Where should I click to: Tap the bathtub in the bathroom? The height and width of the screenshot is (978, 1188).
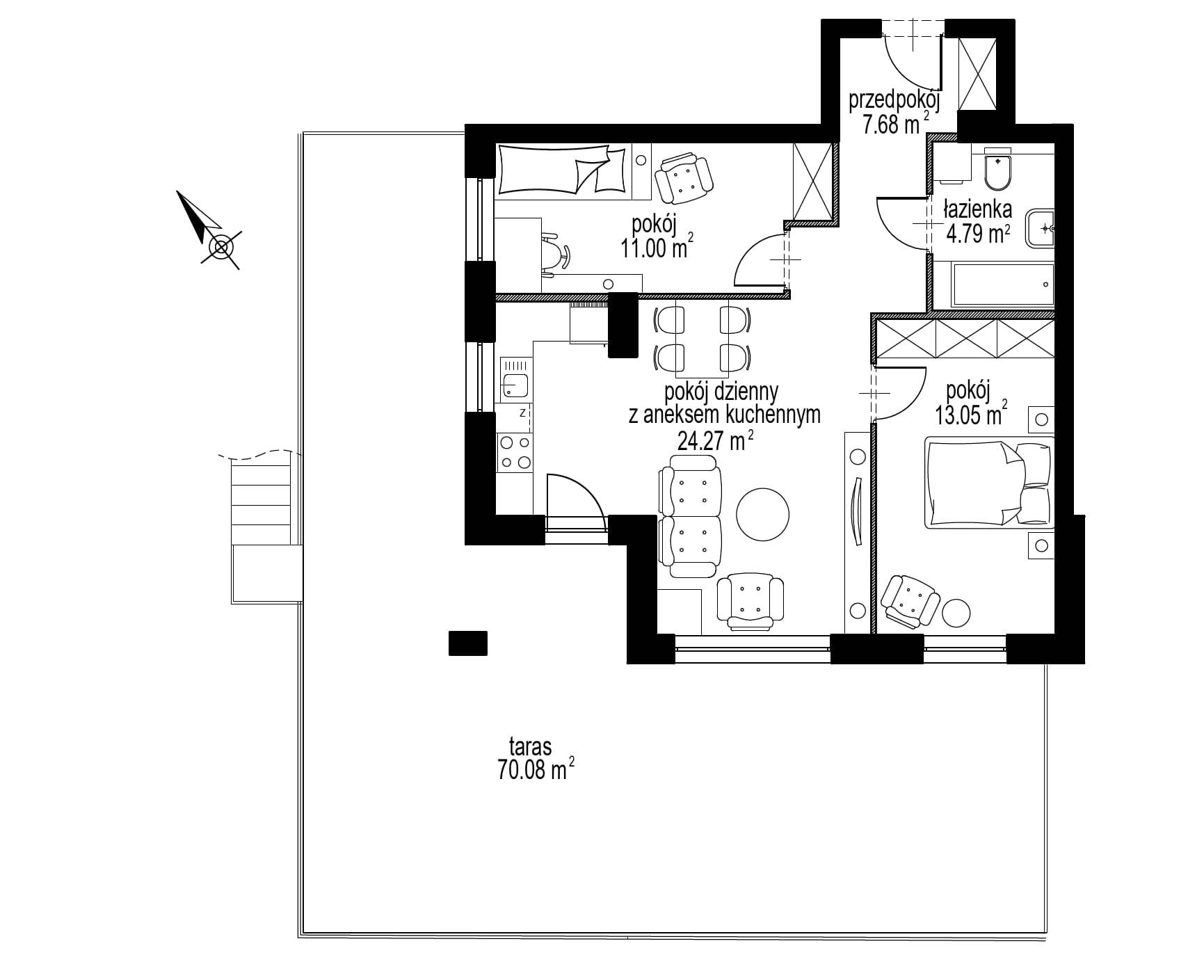(x=1002, y=284)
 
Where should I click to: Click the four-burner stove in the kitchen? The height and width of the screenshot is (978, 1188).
(x=514, y=452)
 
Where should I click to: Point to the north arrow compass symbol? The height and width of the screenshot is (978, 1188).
(x=209, y=230)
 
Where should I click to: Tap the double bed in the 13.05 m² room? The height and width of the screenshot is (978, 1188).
(x=988, y=482)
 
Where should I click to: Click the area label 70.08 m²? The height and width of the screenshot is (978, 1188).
(x=535, y=771)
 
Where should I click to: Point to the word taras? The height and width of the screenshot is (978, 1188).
(x=530, y=747)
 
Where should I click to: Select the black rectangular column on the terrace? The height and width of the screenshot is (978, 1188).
(x=468, y=643)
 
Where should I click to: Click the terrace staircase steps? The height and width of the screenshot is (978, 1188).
(x=260, y=504)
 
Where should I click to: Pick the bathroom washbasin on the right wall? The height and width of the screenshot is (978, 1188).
(x=1040, y=227)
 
